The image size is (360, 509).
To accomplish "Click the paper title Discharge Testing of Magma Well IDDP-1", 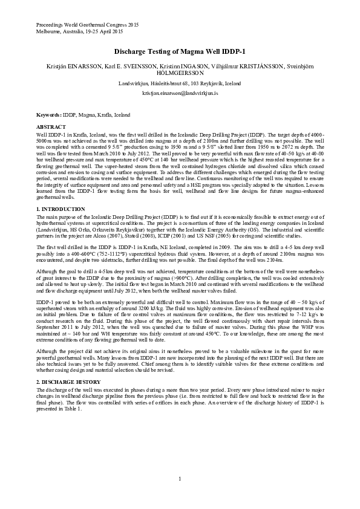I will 180,53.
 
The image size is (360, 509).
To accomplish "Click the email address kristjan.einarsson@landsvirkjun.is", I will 180,94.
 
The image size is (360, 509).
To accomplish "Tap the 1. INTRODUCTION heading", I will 61,209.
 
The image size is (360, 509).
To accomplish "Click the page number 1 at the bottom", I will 180,479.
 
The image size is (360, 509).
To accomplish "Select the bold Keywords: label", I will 49,114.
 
